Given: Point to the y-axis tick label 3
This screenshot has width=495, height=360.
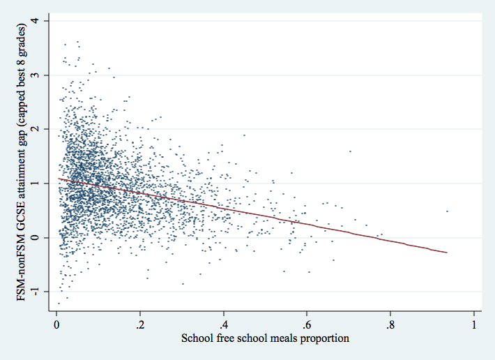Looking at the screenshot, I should point(44,75).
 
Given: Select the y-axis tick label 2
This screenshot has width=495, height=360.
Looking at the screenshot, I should point(44,129).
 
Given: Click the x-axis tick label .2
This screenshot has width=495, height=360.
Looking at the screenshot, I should point(140,325).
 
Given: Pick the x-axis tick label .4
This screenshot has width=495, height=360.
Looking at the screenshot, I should point(223,325).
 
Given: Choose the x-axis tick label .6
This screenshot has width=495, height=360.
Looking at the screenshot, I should point(307,325).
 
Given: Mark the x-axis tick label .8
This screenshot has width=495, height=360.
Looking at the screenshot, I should point(390,325).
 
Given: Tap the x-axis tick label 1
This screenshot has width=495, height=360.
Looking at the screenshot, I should point(474,325).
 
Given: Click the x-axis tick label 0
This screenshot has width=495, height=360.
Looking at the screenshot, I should point(57,325).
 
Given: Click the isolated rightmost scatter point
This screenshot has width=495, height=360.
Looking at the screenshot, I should point(447,211).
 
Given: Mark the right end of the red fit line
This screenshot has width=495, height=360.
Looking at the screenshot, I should point(447,253).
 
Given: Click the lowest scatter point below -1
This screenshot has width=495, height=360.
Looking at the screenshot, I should point(59,303).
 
